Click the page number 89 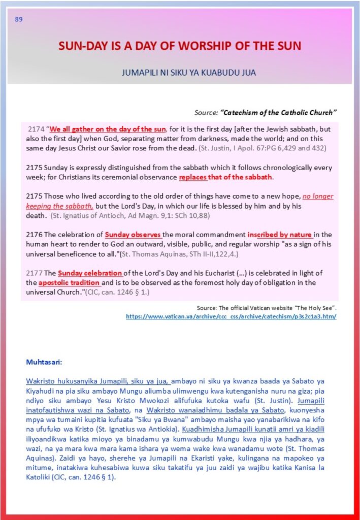click(x=19, y=20)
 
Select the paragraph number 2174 click(x=37, y=129)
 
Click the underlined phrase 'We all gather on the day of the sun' click(x=108, y=129)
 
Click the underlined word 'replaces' click(x=193, y=177)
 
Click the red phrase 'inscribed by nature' click(x=280, y=235)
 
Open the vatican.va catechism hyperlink click(x=231, y=316)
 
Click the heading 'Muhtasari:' click(x=44, y=363)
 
